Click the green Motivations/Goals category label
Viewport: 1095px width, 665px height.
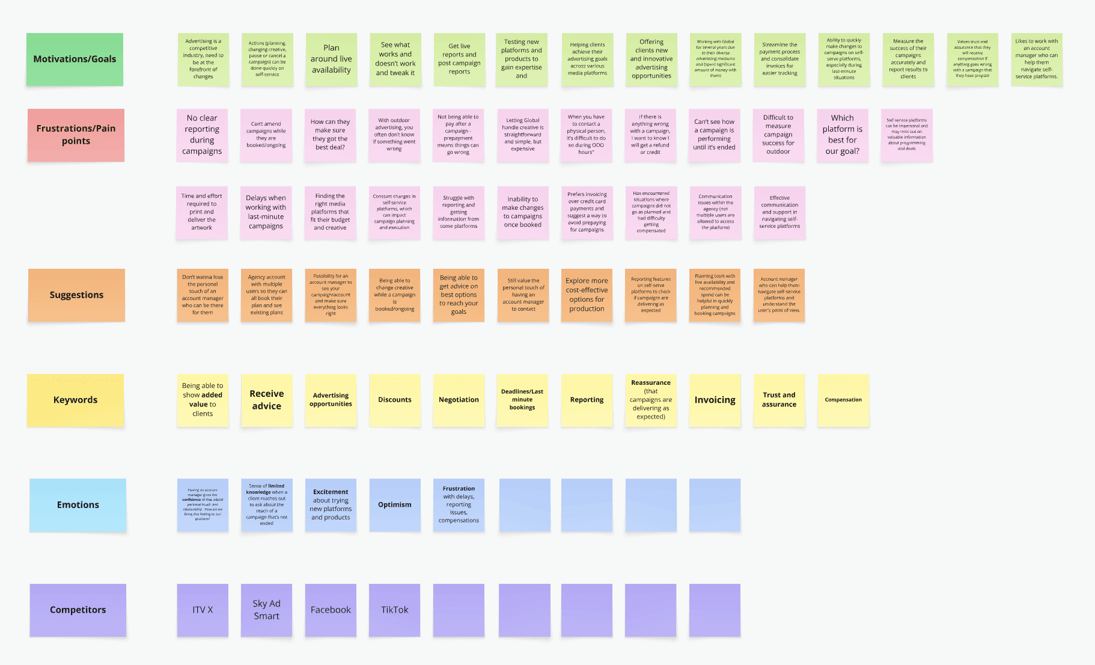tap(75, 59)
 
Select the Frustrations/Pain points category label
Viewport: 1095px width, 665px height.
tap(76, 135)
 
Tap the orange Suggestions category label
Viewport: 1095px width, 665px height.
tap(76, 295)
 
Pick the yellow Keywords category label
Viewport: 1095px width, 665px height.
tap(75, 400)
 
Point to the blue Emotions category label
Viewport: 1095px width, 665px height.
tap(78, 504)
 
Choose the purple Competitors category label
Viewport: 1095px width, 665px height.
tap(78, 610)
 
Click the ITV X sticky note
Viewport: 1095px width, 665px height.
tap(203, 610)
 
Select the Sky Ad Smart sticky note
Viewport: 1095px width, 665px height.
tap(266, 610)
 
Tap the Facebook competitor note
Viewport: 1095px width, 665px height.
tap(331, 610)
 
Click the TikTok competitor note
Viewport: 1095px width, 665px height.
tap(394, 610)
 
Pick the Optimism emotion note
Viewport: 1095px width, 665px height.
tap(394, 504)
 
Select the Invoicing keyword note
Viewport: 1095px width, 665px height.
tap(715, 400)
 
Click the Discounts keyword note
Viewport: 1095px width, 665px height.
tap(394, 400)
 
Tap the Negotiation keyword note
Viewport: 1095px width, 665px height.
tap(459, 400)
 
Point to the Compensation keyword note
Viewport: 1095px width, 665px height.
tap(843, 400)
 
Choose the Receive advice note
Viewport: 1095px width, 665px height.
tap(266, 400)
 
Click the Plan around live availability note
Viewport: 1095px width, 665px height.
tap(331, 59)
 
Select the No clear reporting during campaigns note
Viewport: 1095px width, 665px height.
tap(202, 135)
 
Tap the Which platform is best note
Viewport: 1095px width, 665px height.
tap(842, 135)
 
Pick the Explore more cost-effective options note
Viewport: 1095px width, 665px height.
tap(587, 295)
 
